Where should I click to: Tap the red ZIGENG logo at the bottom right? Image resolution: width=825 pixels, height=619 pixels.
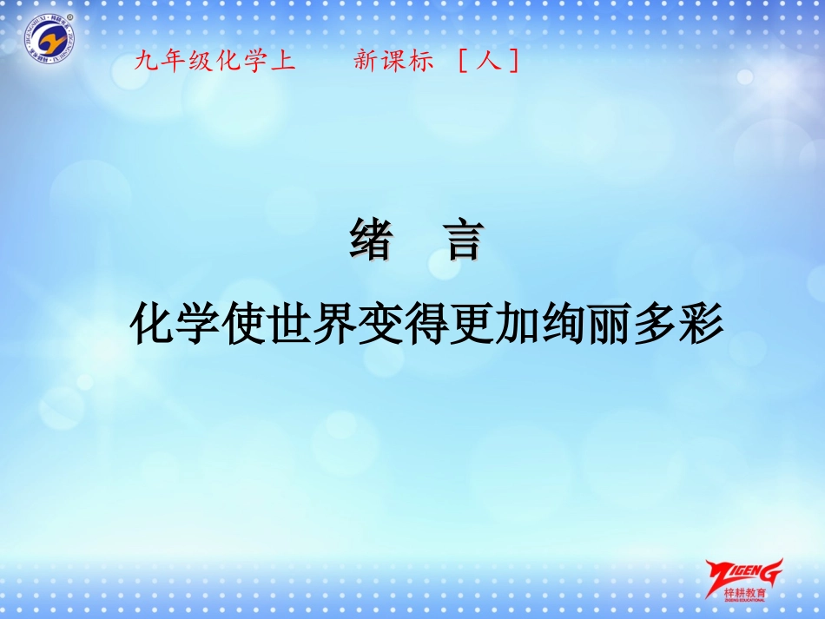[x=744, y=573]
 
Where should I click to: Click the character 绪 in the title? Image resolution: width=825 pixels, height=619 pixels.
[x=370, y=240]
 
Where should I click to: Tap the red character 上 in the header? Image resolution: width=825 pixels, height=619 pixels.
[x=283, y=62]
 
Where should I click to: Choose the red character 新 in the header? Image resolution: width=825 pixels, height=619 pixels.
[x=365, y=62]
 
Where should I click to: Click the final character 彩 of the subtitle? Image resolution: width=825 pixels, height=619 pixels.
[x=702, y=326]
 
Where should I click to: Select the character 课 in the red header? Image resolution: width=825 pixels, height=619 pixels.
[x=393, y=62]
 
